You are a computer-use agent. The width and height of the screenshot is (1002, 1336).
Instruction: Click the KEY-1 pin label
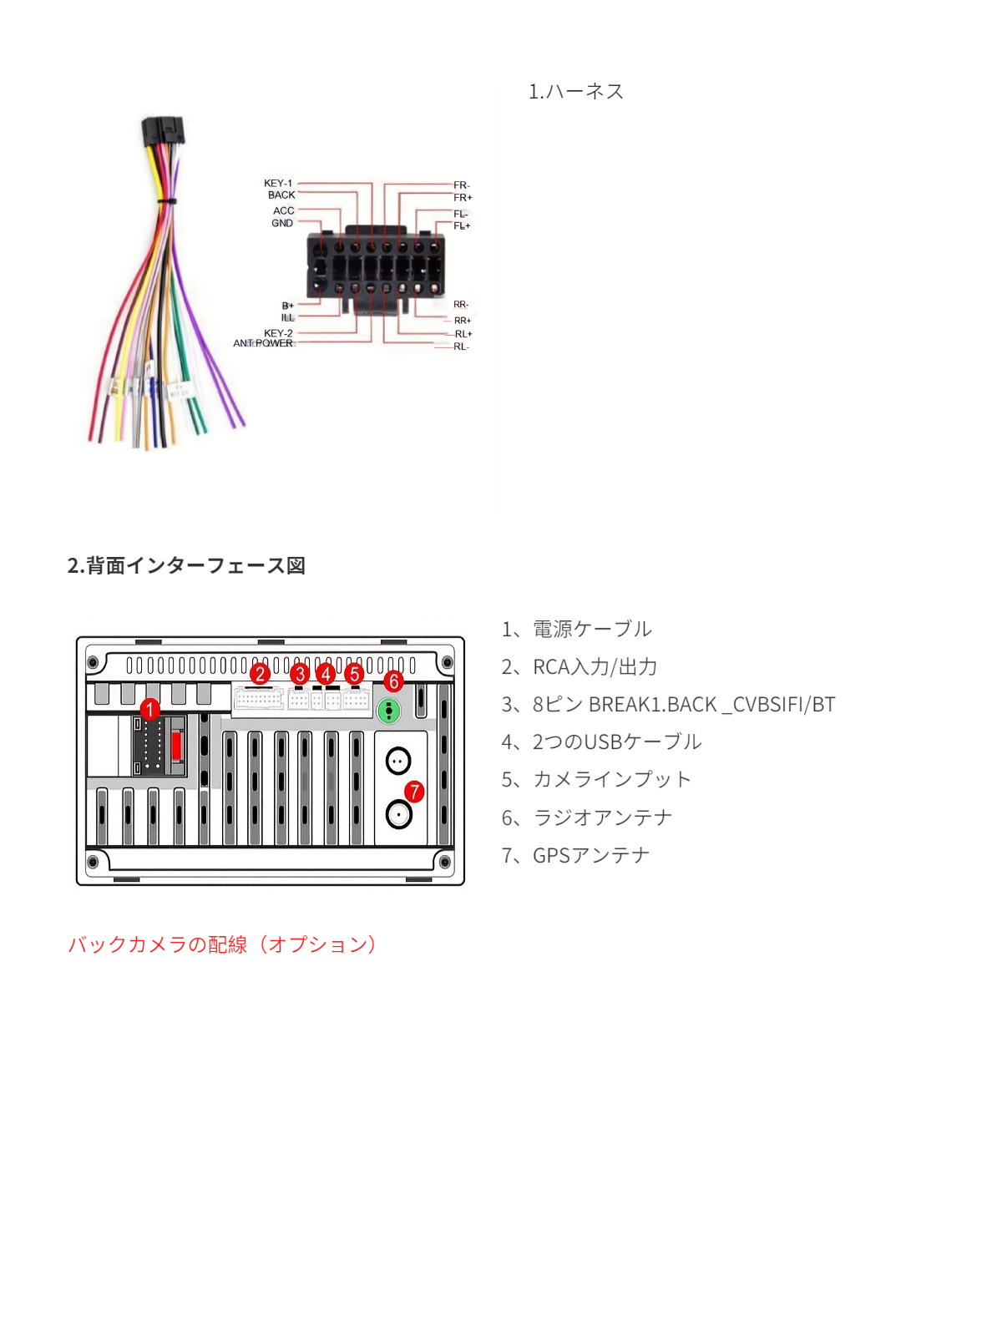pos(278,183)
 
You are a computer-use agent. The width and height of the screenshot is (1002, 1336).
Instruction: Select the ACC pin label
pos(283,210)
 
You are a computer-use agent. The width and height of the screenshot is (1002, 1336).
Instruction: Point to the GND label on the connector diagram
pos(282,223)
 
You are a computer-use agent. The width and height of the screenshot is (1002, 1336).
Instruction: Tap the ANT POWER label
pos(263,343)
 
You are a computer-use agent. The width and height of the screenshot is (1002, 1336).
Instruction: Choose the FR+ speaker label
pos(463,198)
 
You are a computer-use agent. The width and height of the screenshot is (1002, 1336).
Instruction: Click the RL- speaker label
pos(461,347)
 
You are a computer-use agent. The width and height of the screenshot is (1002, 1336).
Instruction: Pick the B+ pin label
pos(287,306)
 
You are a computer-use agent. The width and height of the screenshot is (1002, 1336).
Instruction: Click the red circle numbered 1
pos(149,710)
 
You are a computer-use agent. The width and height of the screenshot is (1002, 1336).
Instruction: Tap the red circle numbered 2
pos(261,673)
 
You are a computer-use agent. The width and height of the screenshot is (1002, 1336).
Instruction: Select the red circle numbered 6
pos(394,681)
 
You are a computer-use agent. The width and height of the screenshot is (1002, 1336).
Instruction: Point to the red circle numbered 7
pos(414,791)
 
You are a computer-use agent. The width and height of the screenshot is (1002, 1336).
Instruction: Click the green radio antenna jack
pos(389,711)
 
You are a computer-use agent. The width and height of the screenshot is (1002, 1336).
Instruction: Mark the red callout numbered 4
pos(326,673)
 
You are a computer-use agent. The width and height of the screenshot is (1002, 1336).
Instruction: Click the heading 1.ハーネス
pos(576,91)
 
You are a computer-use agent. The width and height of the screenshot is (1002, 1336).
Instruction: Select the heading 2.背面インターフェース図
pos(186,565)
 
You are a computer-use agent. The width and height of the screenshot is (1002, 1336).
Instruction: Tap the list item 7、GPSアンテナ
pos(575,855)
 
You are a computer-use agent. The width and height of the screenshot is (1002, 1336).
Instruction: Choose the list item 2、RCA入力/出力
pos(579,666)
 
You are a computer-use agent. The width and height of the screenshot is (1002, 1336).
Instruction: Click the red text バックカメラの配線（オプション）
pos(223,944)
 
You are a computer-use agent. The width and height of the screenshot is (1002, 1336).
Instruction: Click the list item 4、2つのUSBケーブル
pos(601,741)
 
